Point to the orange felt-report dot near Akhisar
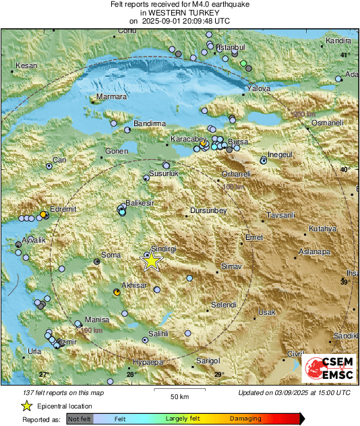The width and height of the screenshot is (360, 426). (117, 293)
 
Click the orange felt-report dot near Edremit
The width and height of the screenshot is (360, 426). (43, 214)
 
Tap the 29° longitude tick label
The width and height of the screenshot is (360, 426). (218, 375)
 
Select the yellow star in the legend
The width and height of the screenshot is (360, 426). (26, 406)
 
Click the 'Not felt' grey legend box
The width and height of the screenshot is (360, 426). (80, 419)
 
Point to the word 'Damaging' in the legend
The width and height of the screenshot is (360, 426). (245, 419)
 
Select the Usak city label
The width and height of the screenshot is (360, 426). (267, 313)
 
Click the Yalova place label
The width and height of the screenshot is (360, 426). (259, 88)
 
